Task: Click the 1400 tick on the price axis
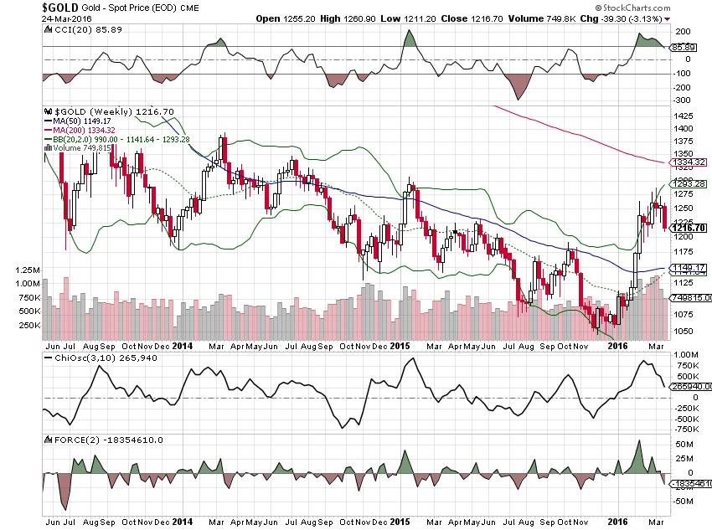[684, 129]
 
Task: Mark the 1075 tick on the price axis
[684, 315]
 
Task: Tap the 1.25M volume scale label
[27, 271]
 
